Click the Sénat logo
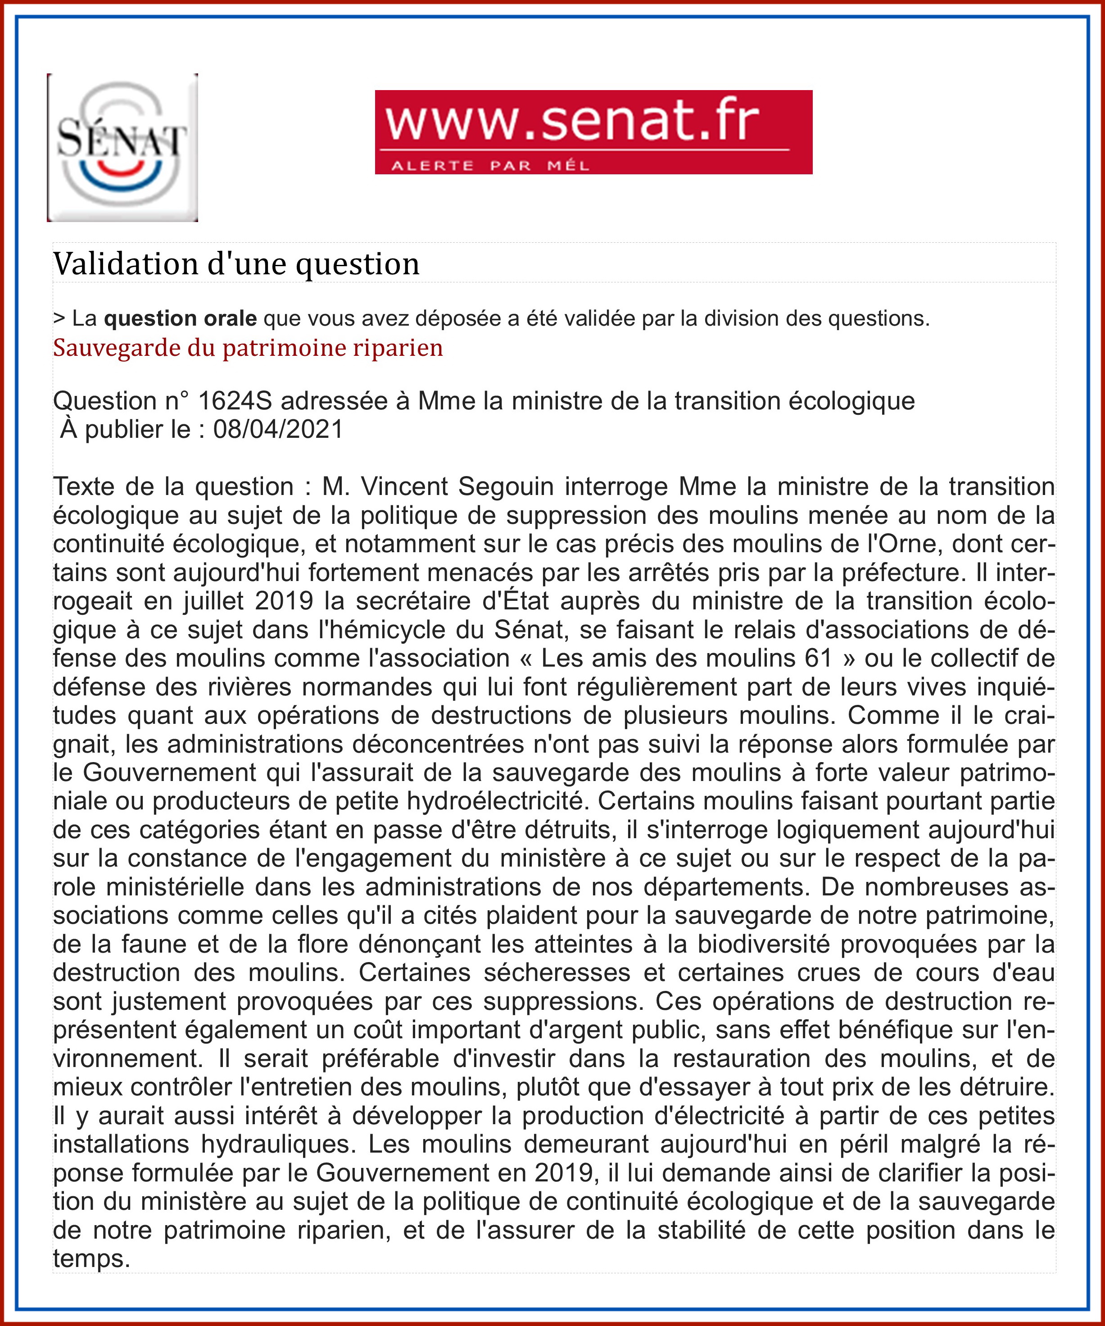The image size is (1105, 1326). (122, 147)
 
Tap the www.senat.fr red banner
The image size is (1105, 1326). (593, 132)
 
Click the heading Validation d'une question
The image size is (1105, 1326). (236, 263)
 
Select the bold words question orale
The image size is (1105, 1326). (180, 318)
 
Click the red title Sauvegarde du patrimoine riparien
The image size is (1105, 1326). (248, 348)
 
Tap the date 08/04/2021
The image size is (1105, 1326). (278, 429)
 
